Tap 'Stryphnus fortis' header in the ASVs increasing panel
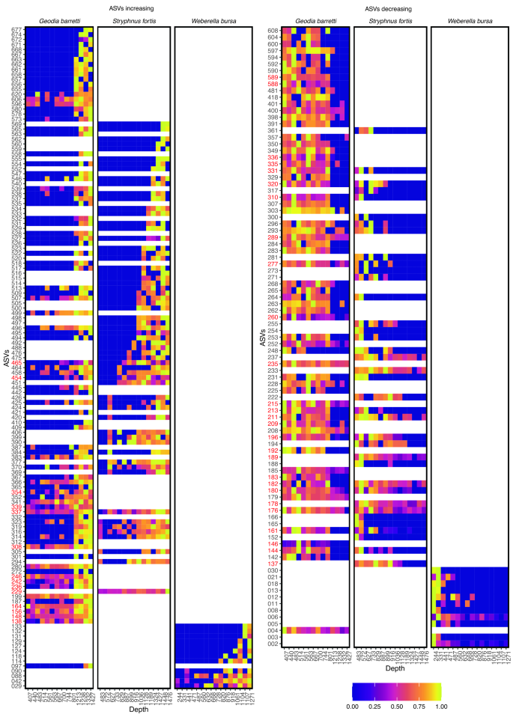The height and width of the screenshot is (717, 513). click(135, 20)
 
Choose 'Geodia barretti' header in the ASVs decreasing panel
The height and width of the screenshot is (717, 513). click(315, 20)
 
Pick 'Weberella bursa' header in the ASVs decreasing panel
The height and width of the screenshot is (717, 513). click(468, 20)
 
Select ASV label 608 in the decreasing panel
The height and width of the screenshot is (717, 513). click(273, 31)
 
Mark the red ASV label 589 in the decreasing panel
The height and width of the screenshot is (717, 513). click(273, 77)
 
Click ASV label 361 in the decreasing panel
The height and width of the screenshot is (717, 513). click(273, 130)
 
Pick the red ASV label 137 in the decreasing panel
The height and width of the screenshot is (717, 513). click(273, 564)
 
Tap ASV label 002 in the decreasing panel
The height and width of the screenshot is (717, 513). click(273, 644)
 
